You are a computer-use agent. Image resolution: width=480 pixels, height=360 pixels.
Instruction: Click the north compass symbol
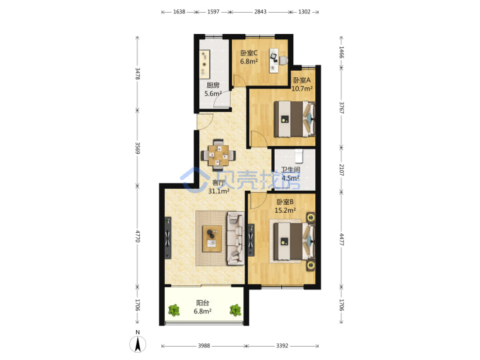[x=138, y=344]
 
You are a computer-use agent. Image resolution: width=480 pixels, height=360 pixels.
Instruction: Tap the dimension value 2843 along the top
[x=260, y=11]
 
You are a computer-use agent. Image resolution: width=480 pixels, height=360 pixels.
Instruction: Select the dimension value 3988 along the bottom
[x=204, y=345]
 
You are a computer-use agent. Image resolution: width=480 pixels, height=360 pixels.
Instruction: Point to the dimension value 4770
[x=138, y=236]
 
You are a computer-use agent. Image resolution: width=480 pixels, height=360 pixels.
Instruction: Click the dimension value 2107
[x=341, y=170]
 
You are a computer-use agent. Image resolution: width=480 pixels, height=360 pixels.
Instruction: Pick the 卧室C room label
[x=249, y=53]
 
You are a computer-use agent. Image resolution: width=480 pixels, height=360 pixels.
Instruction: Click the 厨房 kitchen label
[x=213, y=85]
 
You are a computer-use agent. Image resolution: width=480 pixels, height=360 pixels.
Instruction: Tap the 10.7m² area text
[x=302, y=89]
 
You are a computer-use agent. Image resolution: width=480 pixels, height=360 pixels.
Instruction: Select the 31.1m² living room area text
[x=219, y=191]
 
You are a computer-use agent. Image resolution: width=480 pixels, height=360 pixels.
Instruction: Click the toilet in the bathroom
[x=299, y=156]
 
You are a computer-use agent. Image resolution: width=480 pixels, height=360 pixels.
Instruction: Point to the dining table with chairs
[x=218, y=155]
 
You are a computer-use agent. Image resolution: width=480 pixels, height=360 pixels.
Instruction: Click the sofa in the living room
[x=235, y=238]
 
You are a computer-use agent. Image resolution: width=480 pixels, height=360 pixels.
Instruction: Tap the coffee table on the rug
[x=212, y=239]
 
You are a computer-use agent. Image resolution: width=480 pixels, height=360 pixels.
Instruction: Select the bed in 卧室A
[x=295, y=119]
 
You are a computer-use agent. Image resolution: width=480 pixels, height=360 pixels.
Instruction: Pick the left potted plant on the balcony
[x=174, y=311]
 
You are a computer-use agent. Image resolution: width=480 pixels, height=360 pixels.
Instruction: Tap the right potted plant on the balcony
[x=235, y=311]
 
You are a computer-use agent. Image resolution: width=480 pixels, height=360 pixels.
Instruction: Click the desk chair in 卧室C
[x=283, y=61]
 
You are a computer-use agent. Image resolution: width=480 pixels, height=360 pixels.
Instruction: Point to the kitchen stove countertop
[x=205, y=63]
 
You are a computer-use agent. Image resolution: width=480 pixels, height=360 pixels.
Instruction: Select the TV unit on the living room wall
[x=168, y=238]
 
